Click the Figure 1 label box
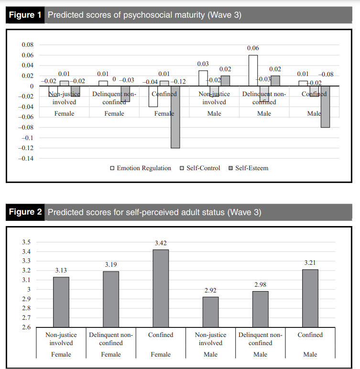pos(25,15)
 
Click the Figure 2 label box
pos(25,212)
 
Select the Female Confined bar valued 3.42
pos(161,288)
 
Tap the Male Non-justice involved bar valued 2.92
pos(210,312)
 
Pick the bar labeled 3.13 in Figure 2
pos(61,302)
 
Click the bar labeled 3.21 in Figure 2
pos(310,298)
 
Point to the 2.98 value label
pos(260,285)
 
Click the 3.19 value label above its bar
pos(111,265)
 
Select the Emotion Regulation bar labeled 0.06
pos(253,71)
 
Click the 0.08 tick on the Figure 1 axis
pos(27,45)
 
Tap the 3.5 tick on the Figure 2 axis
pos(26,242)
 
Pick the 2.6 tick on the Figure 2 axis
pos(26,327)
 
